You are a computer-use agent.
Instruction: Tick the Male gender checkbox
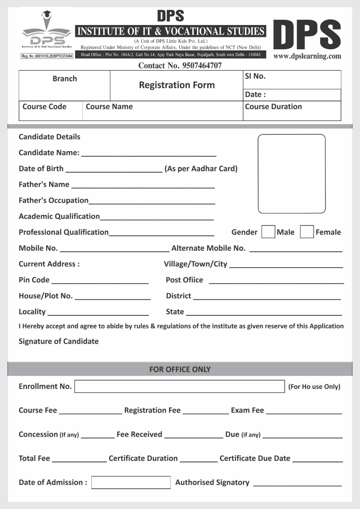(x=268, y=232)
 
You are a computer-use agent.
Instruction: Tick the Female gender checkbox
(x=307, y=232)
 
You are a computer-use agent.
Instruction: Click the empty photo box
(x=292, y=174)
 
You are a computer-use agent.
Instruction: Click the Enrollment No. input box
(x=179, y=387)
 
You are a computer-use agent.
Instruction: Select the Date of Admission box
(x=131, y=482)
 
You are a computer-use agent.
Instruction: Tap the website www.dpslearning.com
(x=307, y=56)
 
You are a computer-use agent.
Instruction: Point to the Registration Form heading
(x=177, y=85)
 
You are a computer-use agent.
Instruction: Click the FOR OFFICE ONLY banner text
(x=180, y=369)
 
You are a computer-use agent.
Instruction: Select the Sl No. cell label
(x=255, y=76)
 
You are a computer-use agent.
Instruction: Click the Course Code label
(x=45, y=107)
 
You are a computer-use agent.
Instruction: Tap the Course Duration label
(x=273, y=107)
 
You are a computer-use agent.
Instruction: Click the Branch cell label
(x=64, y=79)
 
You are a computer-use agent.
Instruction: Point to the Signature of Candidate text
(x=58, y=341)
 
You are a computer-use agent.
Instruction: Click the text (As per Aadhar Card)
(x=201, y=169)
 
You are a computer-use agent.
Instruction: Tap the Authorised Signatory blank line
(x=297, y=484)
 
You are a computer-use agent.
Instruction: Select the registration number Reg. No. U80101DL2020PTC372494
(x=47, y=56)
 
